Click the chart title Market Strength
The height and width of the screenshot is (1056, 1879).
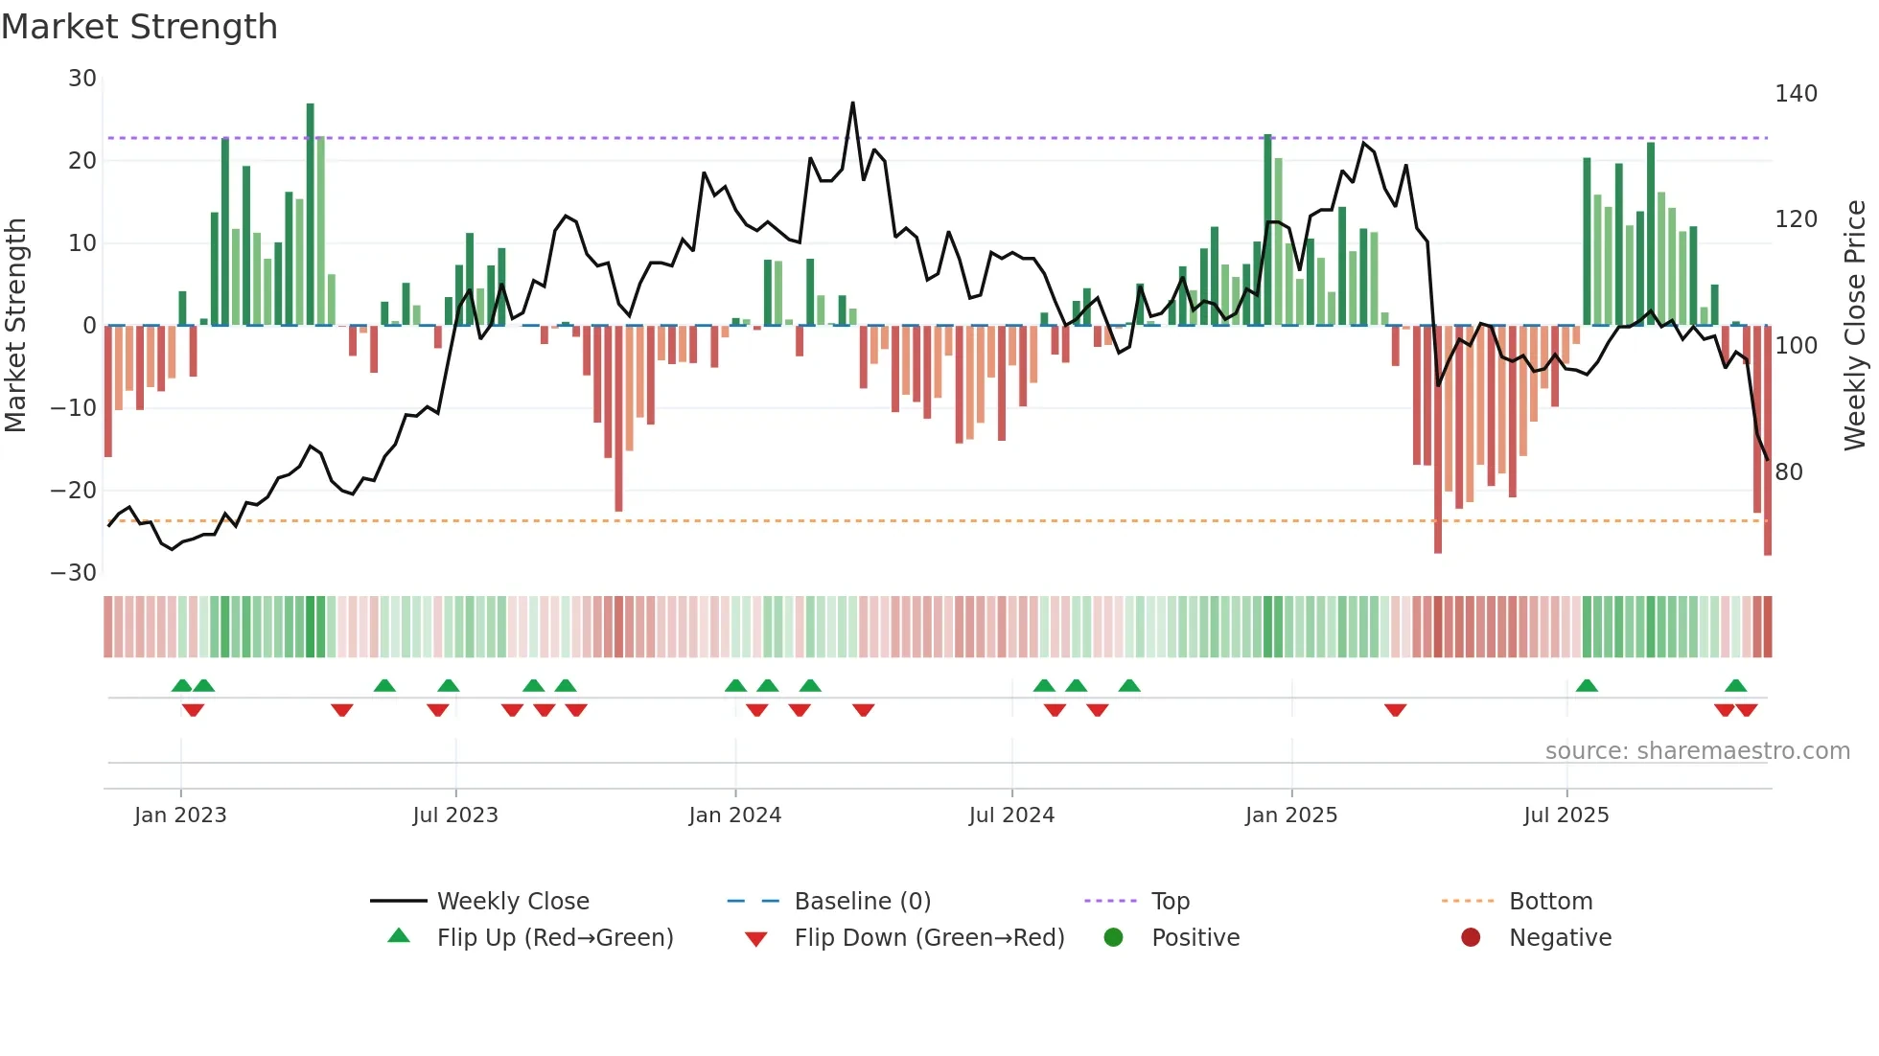point(139,27)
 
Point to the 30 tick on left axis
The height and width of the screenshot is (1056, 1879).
point(82,79)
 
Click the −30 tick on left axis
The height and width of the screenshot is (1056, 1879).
point(74,573)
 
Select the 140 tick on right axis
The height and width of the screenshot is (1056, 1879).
point(1796,94)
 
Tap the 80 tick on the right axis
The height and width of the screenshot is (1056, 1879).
point(1789,472)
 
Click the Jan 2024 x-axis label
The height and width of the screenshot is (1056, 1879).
point(734,815)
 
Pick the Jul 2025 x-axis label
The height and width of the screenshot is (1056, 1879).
point(1566,815)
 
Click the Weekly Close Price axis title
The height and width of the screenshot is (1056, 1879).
point(1855,326)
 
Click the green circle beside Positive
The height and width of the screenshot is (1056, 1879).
point(1113,937)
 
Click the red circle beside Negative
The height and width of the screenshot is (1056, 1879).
point(1471,937)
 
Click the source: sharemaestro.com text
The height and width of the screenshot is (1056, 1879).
point(1697,751)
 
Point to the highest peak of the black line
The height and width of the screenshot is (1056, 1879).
point(852,103)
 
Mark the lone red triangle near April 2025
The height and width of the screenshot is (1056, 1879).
point(1395,710)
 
